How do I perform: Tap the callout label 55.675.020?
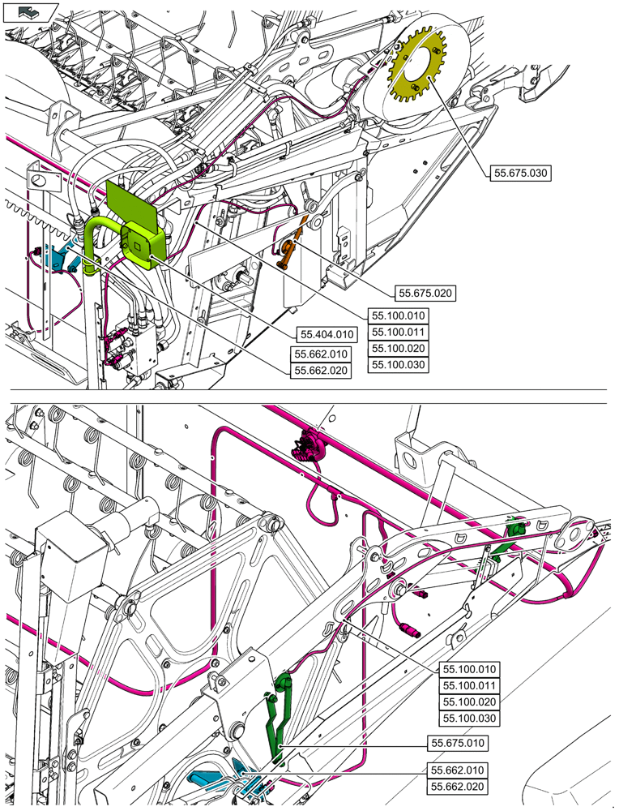point(425,293)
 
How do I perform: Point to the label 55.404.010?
point(327,334)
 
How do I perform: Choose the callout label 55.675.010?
point(459,742)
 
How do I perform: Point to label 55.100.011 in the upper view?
point(398,332)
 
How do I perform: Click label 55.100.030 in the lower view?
point(468,719)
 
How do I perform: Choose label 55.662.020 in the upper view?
point(321,371)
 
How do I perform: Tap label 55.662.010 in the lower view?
point(459,770)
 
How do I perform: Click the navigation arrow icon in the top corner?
point(25,11)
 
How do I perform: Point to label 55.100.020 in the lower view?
point(468,702)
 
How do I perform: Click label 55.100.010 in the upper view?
point(398,315)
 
